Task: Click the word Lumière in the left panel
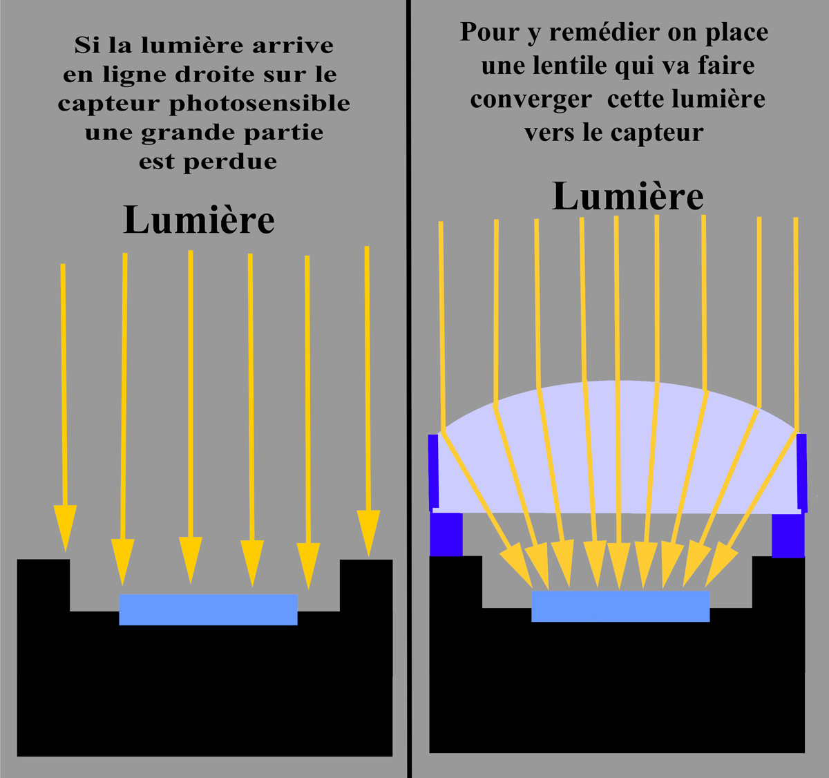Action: (199, 220)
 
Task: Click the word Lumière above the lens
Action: (627, 197)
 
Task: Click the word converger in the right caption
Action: (531, 99)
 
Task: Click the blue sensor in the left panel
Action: (208, 609)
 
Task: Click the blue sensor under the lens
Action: (620, 606)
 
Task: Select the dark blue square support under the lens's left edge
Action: (446, 534)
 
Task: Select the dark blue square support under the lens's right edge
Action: (788, 534)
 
